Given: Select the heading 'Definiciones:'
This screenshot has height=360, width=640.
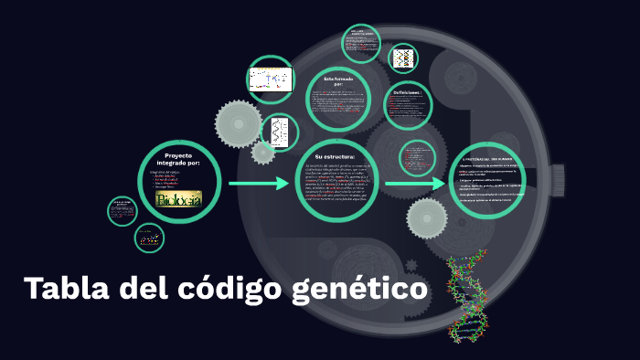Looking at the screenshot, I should click(x=407, y=93).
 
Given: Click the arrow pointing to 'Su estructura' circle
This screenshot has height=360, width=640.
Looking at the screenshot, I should click(x=258, y=184).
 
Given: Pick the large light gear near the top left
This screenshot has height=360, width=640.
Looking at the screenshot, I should click(x=238, y=122).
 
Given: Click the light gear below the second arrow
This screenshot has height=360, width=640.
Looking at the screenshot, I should click(x=427, y=218).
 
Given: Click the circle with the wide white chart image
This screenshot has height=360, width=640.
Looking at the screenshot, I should click(x=270, y=79).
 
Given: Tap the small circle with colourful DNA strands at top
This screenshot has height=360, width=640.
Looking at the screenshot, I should click(x=403, y=58).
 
